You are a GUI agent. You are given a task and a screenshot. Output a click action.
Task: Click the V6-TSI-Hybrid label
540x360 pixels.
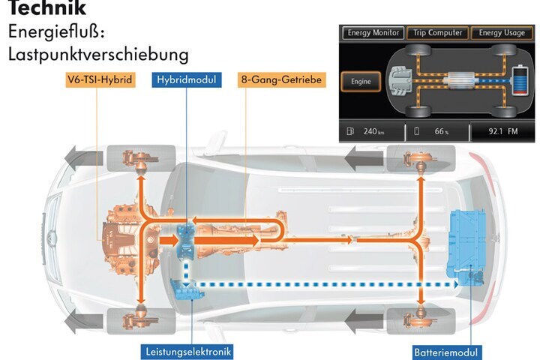100,79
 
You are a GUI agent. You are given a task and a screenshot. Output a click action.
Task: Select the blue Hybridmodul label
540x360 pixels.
187,79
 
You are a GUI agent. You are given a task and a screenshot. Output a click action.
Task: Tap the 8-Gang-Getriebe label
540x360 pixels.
281,79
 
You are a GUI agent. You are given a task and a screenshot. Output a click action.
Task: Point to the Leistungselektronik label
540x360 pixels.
188,352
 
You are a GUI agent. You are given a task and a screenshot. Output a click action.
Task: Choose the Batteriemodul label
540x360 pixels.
446,352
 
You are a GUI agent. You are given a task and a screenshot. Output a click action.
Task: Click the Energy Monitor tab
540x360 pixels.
373,33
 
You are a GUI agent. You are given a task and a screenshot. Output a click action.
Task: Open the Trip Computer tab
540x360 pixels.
438,33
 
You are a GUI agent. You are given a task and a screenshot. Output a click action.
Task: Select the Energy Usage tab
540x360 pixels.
502,33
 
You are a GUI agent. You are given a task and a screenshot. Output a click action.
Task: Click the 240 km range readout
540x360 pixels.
373,131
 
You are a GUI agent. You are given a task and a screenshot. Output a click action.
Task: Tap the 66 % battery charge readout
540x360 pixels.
442,131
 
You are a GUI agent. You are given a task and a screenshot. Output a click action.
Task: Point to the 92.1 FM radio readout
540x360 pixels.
502,131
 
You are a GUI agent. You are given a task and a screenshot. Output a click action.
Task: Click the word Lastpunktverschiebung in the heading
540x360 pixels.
98,55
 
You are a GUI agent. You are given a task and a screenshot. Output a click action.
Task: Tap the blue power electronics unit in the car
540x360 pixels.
187,289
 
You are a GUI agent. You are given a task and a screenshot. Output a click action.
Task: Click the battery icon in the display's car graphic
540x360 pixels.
520,80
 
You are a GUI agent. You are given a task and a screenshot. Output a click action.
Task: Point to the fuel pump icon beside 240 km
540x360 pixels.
350,131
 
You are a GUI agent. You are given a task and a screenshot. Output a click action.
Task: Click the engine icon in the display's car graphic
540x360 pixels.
400,80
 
